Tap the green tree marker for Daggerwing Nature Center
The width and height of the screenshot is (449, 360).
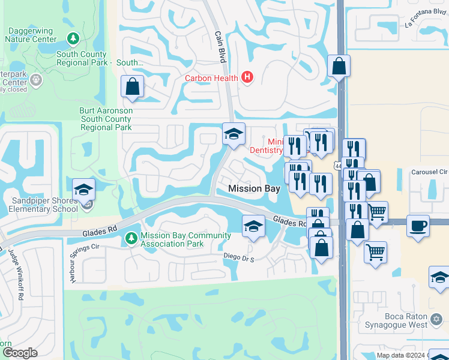tap(73, 39)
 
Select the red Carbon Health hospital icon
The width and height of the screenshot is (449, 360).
tap(246, 77)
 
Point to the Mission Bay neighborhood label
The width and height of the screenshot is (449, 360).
tap(254, 188)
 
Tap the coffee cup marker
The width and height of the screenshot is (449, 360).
tap(417, 226)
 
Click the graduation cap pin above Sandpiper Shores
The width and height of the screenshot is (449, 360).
tap(83, 190)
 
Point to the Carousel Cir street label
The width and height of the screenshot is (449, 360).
tap(429, 172)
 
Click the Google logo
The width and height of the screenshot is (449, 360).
tap(19, 353)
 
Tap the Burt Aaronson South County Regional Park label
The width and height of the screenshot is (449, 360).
tap(106, 119)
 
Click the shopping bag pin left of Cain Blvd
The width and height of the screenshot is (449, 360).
tap(131, 86)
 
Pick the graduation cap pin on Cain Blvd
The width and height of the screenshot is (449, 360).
tap(233, 133)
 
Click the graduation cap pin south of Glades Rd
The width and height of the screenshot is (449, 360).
tap(253, 226)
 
